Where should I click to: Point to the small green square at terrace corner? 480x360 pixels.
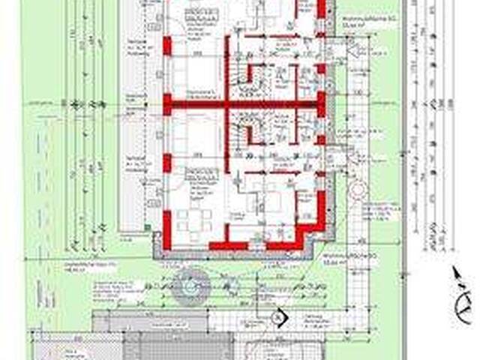tap(156, 237)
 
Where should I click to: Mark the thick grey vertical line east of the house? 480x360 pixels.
tap(405, 180)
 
